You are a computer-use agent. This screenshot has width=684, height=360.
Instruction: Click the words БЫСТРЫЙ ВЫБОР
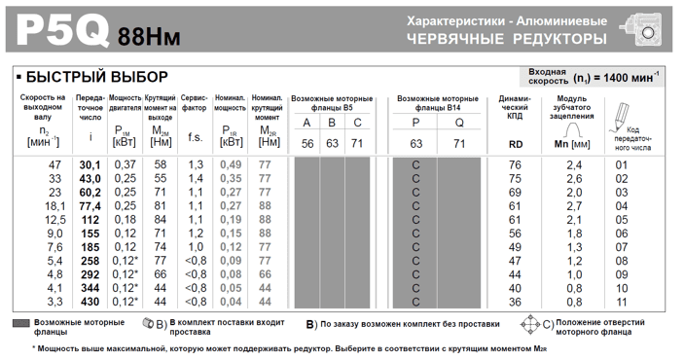[96, 77]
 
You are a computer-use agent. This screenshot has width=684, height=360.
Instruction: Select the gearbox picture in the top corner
[648, 28]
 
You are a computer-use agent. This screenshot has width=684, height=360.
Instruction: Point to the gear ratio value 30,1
[90, 165]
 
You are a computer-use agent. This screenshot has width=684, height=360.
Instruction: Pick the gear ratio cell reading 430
[90, 302]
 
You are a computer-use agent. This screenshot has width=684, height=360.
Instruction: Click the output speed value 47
[54, 165]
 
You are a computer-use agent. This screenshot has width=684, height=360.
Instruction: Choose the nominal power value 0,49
[230, 165]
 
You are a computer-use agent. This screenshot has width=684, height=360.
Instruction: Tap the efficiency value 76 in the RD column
[515, 165]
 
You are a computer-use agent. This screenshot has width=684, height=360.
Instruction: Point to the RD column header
[516, 144]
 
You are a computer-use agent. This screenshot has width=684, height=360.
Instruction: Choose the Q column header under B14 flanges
[458, 123]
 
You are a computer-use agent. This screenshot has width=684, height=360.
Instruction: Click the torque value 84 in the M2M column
[160, 220]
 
